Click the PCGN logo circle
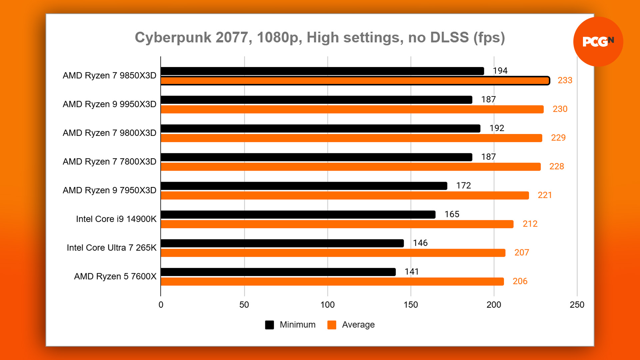coord(598,42)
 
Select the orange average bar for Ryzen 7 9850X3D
coord(355,81)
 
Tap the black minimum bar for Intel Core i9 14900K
coord(298,215)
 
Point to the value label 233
coord(565,80)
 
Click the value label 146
coord(420,243)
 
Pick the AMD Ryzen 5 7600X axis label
coord(115,276)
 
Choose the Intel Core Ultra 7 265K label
coord(111,248)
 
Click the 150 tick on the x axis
coord(411,305)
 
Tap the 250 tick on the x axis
coord(577,305)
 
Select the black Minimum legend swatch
coord(269,325)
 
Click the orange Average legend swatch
coord(332,325)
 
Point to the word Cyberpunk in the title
coord(173,37)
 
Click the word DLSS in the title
coord(449,37)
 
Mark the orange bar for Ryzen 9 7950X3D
coord(345,195)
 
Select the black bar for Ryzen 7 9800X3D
coord(320,129)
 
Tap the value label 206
coord(520,281)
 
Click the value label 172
coord(463,186)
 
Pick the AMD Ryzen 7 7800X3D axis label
coord(109,162)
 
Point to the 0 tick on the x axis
coord(161,305)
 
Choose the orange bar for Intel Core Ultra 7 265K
coord(333,253)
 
